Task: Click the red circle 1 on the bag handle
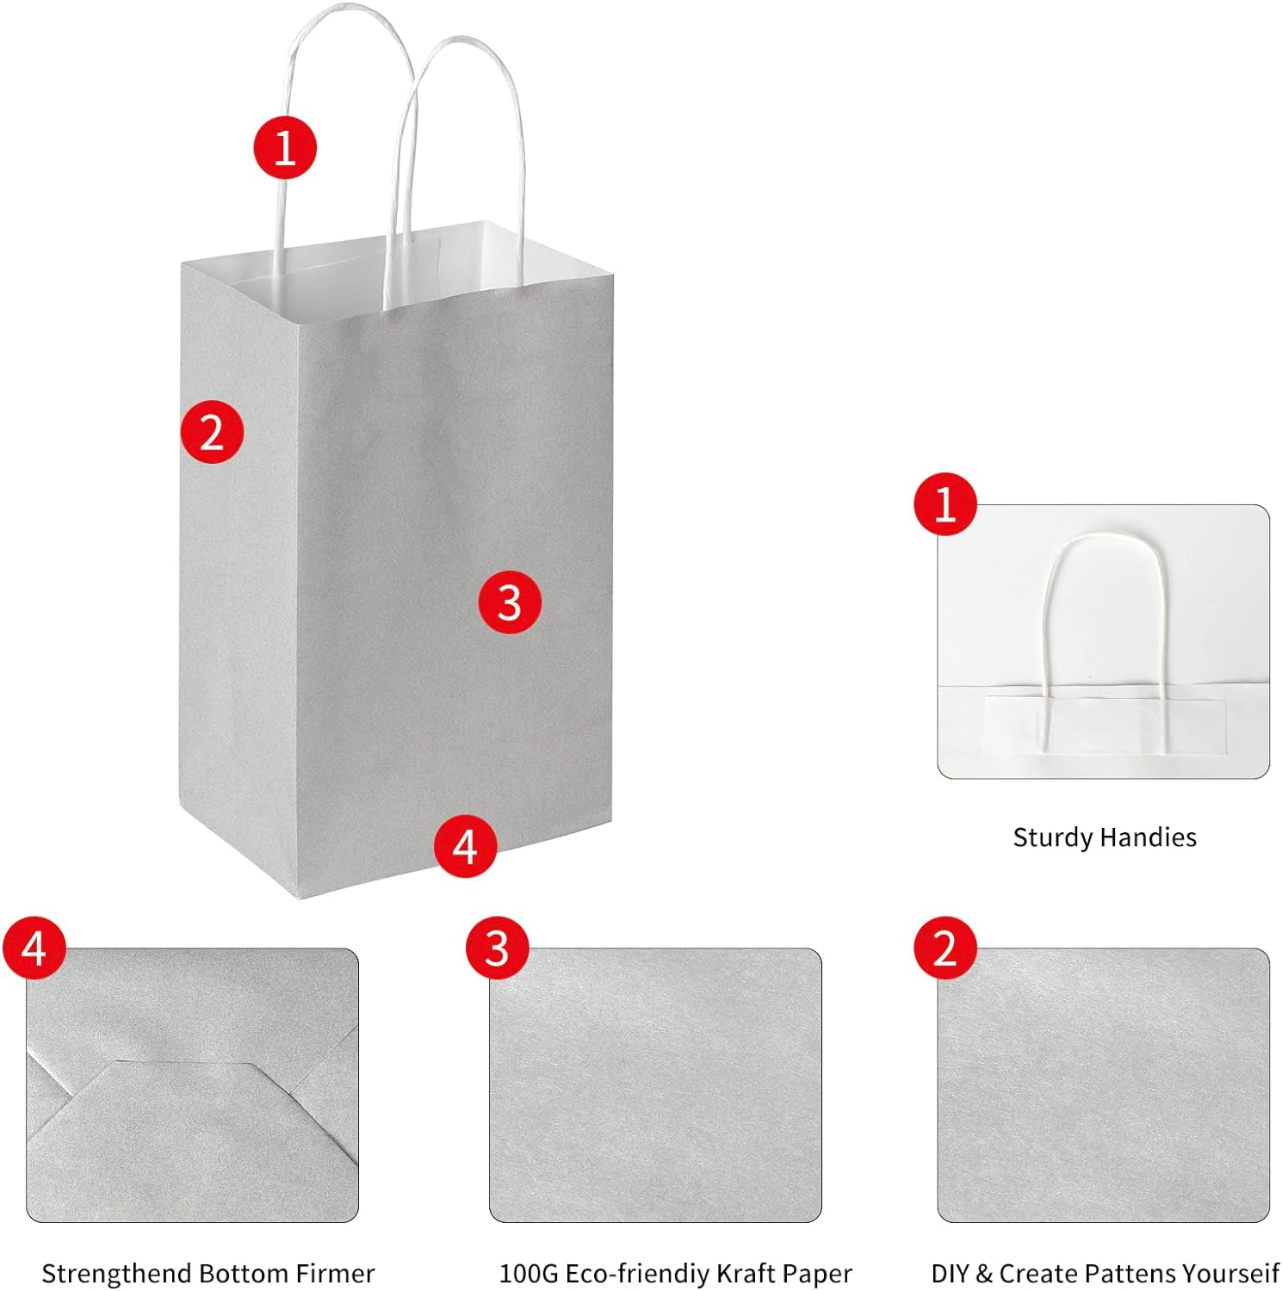point(285,148)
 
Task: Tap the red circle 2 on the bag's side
point(212,431)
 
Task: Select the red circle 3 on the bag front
point(510,602)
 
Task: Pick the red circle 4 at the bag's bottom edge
point(465,846)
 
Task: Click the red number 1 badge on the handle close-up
point(945,504)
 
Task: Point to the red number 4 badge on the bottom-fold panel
point(34,948)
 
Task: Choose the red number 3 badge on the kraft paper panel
point(498,948)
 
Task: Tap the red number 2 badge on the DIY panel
point(945,948)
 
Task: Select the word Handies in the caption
point(1151,837)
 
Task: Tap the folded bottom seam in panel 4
point(185,1065)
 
